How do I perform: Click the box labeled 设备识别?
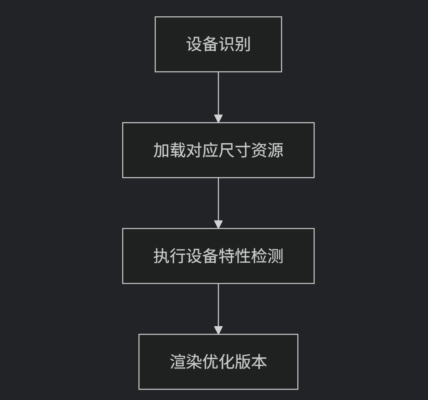click(x=218, y=44)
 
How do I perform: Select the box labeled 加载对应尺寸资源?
click(x=218, y=150)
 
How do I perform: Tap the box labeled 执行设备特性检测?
click(x=218, y=256)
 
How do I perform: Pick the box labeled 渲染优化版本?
click(x=218, y=361)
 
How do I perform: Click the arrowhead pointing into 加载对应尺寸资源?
click(x=218, y=118)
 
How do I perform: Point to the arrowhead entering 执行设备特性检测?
click(x=218, y=224)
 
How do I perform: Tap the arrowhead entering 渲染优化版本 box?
click(x=218, y=330)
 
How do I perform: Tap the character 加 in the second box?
click(x=161, y=150)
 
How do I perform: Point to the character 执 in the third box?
click(x=161, y=256)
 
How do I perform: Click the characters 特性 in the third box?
click(x=234, y=256)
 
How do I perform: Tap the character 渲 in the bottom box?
click(x=178, y=362)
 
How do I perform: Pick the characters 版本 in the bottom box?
click(x=251, y=362)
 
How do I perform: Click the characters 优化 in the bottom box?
click(x=218, y=362)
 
